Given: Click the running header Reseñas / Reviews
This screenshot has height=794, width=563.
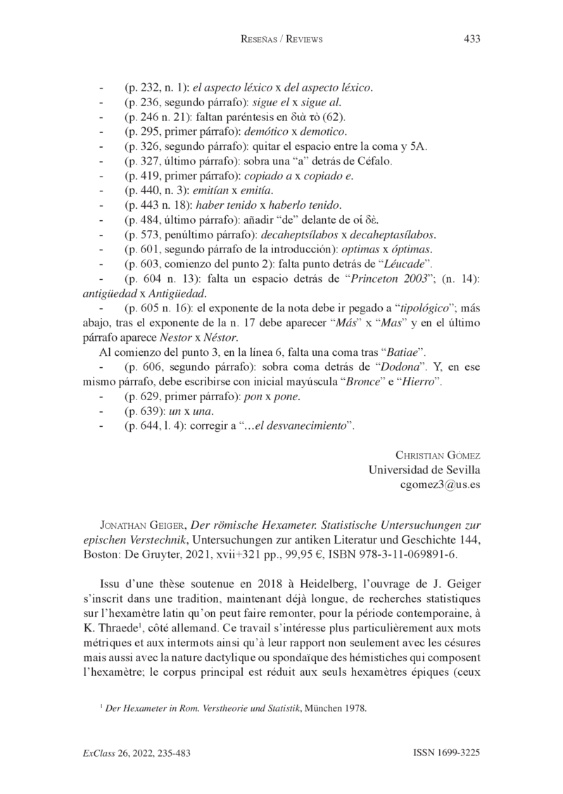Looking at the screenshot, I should [281, 39].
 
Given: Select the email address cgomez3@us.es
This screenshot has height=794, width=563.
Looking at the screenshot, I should [439, 485].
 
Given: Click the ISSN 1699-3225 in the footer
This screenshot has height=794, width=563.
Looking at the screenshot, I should [446, 753].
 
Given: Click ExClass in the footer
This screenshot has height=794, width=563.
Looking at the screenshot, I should [99, 753].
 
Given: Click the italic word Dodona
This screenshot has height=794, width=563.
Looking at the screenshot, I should [403, 367].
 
